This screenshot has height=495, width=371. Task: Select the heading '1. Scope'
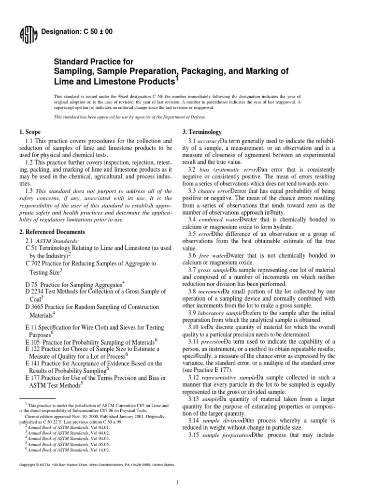click(29, 132)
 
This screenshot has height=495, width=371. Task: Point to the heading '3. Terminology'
click(201, 132)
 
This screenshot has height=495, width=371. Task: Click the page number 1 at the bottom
click(178, 481)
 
